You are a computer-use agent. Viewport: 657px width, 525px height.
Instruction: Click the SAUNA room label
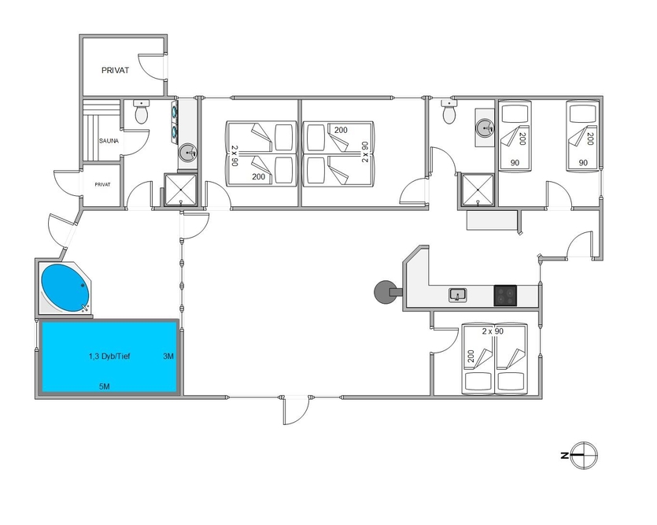(109, 141)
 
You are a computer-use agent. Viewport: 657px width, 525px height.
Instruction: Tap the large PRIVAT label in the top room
(115, 70)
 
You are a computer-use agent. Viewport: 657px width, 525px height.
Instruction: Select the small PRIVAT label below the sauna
(102, 184)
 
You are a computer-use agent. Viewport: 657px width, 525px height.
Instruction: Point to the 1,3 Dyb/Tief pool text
(109, 356)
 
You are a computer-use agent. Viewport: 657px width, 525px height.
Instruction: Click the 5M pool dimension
(105, 386)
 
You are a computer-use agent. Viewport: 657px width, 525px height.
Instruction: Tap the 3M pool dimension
(168, 356)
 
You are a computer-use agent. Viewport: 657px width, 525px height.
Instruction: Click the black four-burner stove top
(505, 295)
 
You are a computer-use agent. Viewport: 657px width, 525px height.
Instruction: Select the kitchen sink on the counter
(458, 295)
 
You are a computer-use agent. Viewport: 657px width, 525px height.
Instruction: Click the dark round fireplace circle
(385, 292)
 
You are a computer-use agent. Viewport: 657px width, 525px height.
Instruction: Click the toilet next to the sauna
(142, 112)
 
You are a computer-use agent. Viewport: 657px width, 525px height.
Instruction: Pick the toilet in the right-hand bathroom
(449, 112)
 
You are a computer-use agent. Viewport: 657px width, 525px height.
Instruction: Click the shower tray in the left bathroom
(181, 190)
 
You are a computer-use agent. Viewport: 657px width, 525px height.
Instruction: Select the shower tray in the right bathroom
(478, 190)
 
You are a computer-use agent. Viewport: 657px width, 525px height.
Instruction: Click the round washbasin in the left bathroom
(188, 153)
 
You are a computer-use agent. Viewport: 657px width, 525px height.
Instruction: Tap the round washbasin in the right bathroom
(485, 128)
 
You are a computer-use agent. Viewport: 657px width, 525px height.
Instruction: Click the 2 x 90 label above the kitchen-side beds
(493, 331)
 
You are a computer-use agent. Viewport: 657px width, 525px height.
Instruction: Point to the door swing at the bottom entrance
(296, 411)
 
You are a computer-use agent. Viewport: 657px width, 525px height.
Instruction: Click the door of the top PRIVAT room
(152, 66)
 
